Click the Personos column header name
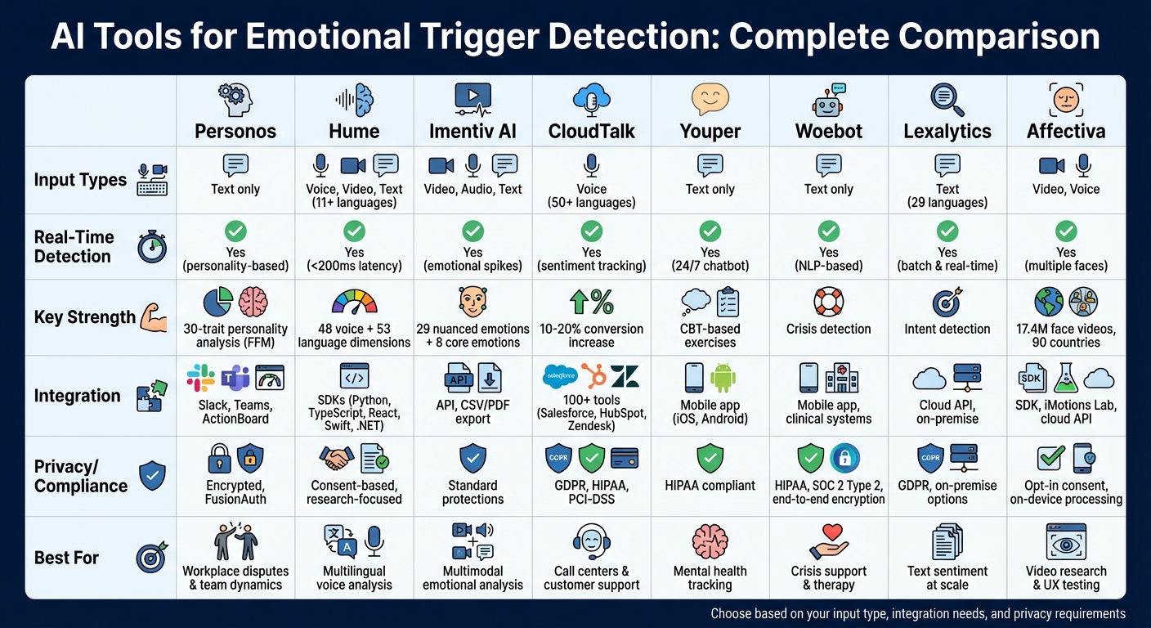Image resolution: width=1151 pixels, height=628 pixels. (235, 131)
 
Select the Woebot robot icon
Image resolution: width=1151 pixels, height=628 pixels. (828, 100)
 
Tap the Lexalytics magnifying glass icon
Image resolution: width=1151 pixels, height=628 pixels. (947, 99)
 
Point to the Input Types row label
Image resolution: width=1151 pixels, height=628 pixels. (80, 181)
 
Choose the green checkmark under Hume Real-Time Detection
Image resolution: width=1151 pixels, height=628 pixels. (354, 231)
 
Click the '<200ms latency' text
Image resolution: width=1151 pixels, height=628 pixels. (354, 266)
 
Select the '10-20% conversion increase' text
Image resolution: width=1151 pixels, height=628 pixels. (591, 335)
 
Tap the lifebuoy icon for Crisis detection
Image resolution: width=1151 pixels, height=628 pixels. (828, 302)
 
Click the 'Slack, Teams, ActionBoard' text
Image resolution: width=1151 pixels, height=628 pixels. (235, 412)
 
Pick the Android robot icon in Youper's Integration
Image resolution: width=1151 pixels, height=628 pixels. (723, 377)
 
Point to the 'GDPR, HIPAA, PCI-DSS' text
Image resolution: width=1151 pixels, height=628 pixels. (591, 492)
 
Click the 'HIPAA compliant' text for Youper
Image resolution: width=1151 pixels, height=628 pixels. (710, 486)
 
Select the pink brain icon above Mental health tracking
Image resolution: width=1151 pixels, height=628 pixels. (710, 541)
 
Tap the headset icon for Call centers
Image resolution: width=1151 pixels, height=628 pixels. (591, 541)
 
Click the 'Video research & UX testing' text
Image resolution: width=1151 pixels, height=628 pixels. (1066, 577)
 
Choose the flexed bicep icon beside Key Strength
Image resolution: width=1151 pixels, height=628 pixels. (153, 316)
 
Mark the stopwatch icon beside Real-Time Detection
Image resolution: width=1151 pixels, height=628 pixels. (152, 247)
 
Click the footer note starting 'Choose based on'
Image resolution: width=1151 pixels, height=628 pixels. (917, 613)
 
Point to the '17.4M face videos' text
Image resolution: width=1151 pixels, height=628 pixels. (1066, 329)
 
